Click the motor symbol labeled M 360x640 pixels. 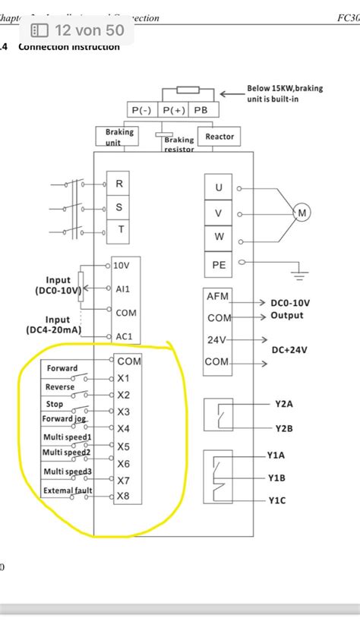(x=302, y=213)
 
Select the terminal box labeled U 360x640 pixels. (x=219, y=188)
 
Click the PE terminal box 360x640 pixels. (x=219, y=264)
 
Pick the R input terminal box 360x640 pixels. (x=118, y=183)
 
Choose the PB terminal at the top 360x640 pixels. (x=201, y=110)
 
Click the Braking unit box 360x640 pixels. (x=119, y=137)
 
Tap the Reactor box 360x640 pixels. (x=219, y=137)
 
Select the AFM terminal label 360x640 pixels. (x=218, y=296)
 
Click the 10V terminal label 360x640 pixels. (x=122, y=266)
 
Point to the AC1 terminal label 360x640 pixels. (x=123, y=336)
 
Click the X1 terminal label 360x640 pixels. (x=123, y=378)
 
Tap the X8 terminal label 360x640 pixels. (x=123, y=497)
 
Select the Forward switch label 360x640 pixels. (x=62, y=368)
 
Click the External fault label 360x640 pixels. (x=68, y=490)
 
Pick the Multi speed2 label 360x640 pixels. (x=67, y=452)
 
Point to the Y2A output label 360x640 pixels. (x=283, y=404)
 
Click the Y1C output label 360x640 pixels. (x=276, y=500)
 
